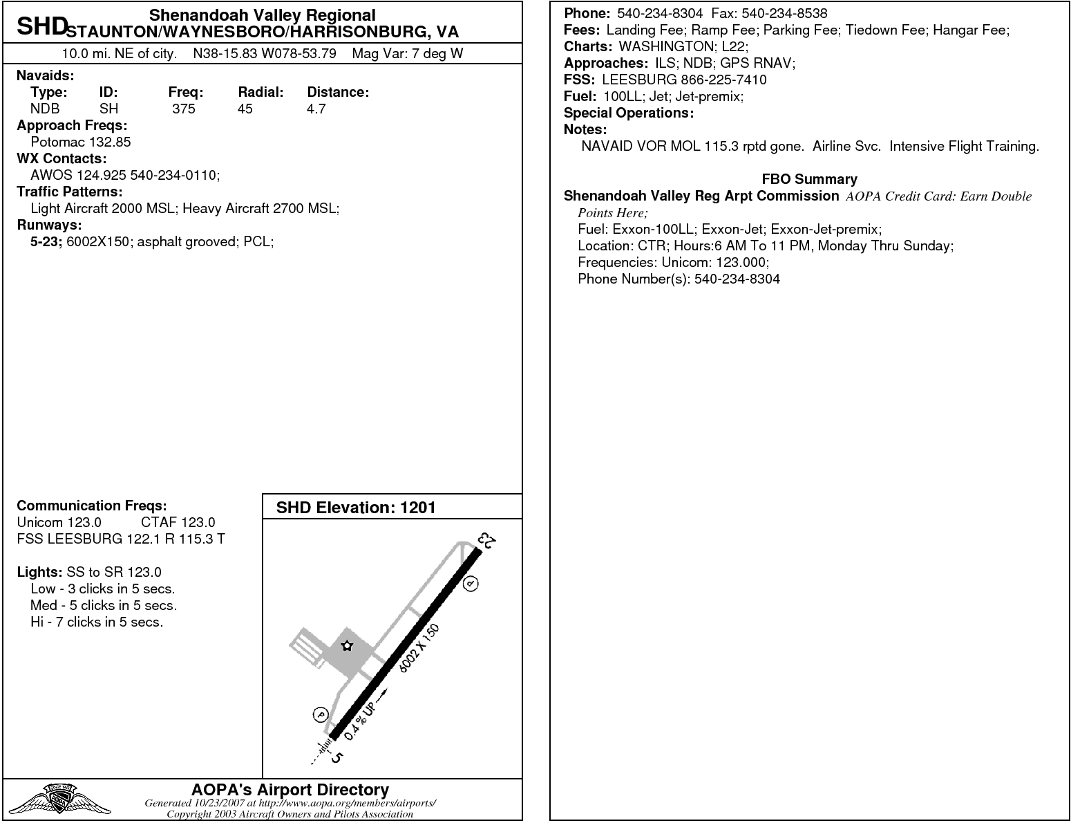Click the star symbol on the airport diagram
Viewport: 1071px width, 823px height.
(347, 646)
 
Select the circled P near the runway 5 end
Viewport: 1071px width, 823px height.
(321, 714)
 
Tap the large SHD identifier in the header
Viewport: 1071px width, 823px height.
(41, 27)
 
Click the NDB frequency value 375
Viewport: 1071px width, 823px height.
(184, 109)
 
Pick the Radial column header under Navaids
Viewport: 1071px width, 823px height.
(260, 92)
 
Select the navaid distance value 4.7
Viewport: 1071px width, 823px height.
(316, 109)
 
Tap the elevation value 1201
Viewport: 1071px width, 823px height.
(418, 508)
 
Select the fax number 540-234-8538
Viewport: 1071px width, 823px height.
(784, 13)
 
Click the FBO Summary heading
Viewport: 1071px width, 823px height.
(809, 179)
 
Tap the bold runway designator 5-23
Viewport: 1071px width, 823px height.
(46, 241)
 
